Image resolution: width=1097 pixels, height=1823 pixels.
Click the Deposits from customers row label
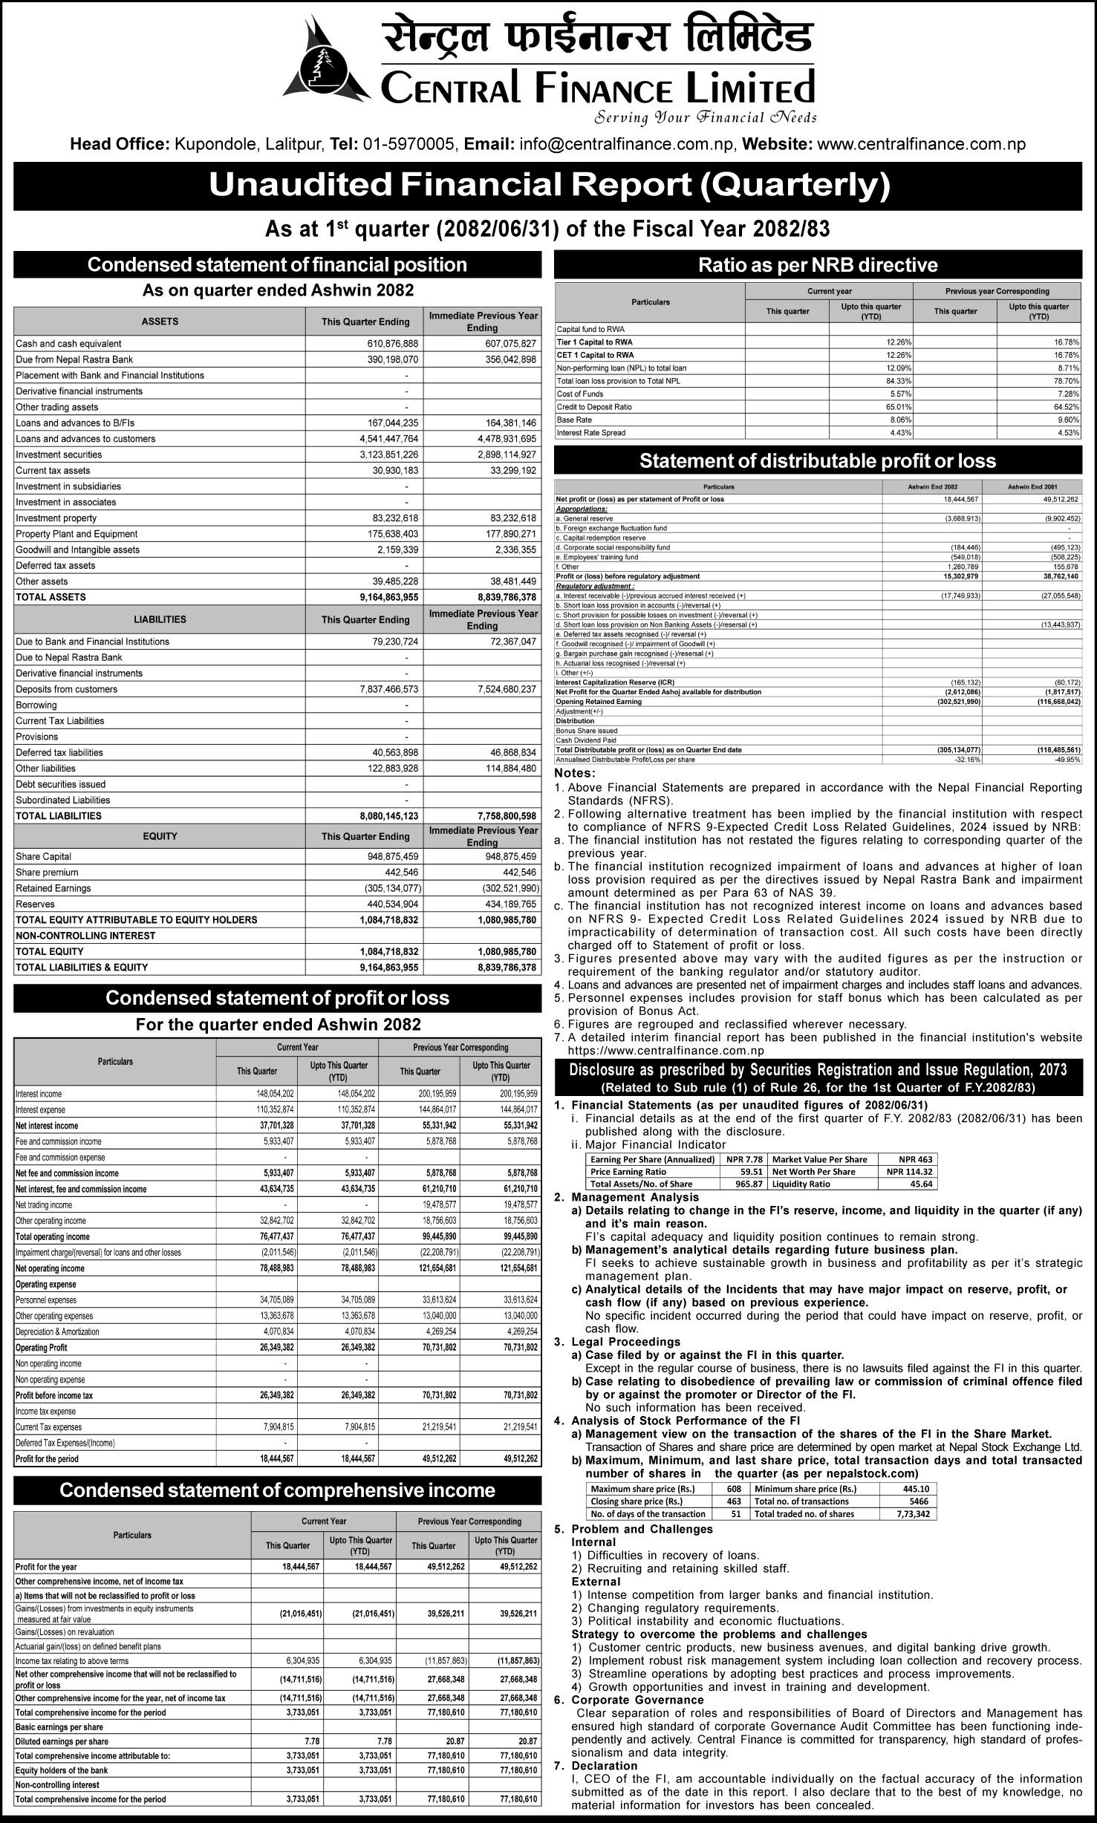point(66,689)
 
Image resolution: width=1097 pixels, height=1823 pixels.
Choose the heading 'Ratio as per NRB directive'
point(818,265)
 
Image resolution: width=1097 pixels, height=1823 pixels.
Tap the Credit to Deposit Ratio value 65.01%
point(896,407)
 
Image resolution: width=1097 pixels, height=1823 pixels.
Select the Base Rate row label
point(575,420)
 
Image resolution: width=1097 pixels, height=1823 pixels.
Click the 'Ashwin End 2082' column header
point(931,486)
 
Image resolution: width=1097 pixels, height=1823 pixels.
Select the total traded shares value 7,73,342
point(911,1514)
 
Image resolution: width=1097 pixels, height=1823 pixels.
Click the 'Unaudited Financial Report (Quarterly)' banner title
point(549,186)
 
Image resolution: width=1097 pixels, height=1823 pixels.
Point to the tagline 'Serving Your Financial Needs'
point(706,117)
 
